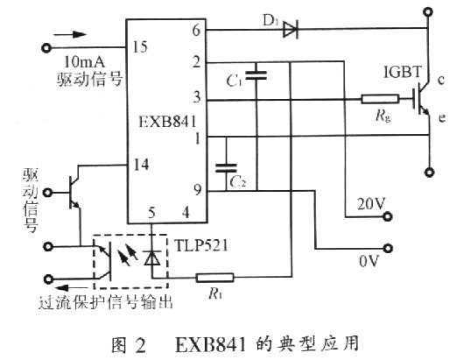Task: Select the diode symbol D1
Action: [288, 32]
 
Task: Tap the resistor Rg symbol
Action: [376, 99]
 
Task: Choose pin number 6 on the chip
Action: [197, 31]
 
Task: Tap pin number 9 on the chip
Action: [197, 189]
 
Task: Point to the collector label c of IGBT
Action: [442, 81]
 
